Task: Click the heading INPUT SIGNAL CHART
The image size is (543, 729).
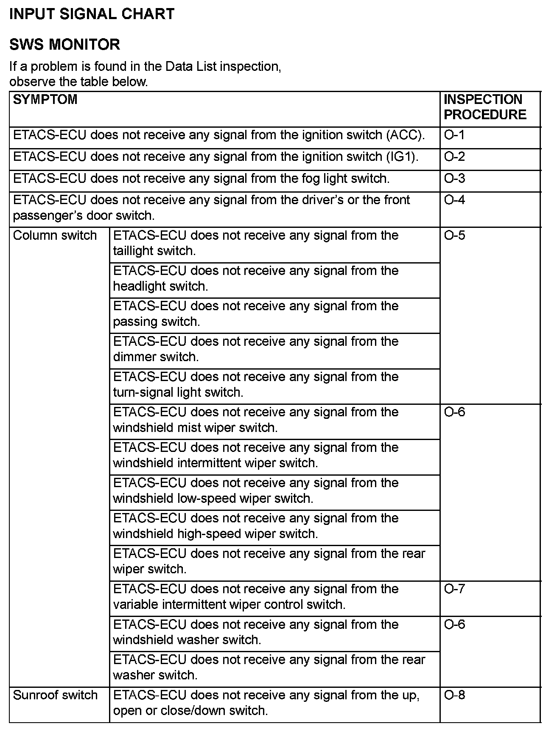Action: pyautogui.click(x=92, y=14)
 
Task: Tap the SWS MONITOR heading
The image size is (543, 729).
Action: pyautogui.click(x=64, y=45)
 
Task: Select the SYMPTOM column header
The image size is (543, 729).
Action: pyautogui.click(x=45, y=100)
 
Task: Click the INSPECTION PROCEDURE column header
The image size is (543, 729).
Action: pyautogui.click(x=485, y=107)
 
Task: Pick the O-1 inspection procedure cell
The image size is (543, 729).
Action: pyautogui.click(x=454, y=135)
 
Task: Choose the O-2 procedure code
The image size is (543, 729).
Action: pyautogui.click(x=454, y=157)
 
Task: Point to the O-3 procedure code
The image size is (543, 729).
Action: pyautogui.click(x=454, y=178)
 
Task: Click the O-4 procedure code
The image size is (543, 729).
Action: pyautogui.click(x=454, y=200)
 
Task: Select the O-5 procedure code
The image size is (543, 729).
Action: pyautogui.click(x=454, y=236)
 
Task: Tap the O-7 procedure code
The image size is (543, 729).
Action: pyautogui.click(x=454, y=589)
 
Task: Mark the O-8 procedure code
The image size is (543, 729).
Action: pyautogui.click(x=454, y=695)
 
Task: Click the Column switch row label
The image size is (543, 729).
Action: pyautogui.click(x=55, y=236)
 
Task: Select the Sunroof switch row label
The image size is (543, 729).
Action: pyautogui.click(x=56, y=695)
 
